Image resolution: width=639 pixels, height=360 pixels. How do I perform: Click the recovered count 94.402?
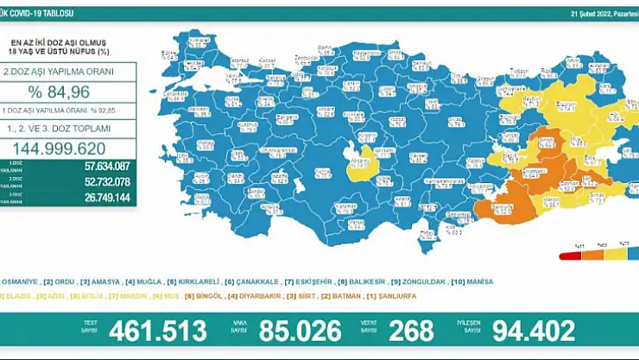click(x=533, y=330)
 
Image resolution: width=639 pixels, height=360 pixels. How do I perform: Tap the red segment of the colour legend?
click(x=569, y=256)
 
